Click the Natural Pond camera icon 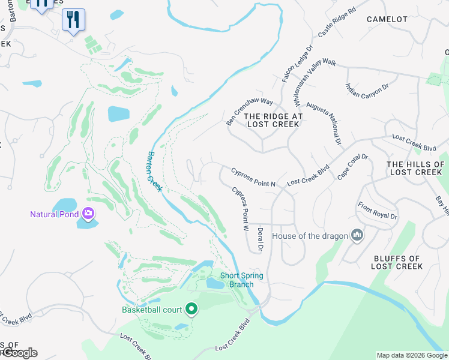coord(88,213)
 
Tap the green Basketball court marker coord(191,310)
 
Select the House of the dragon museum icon coord(357,235)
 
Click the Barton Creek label coord(154,172)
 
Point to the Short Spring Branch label coord(241,280)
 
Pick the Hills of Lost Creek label coord(415,168)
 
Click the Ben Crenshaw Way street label coord(249,108)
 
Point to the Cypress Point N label coord(253,179)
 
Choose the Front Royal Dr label coord(378,212)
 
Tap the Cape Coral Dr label coord(352,167)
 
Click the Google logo coord(19,353)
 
